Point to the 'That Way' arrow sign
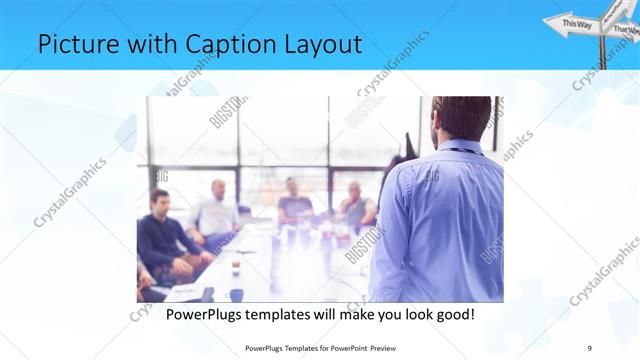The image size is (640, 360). [x=625, y=31]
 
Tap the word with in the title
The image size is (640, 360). [x=140, y=44]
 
